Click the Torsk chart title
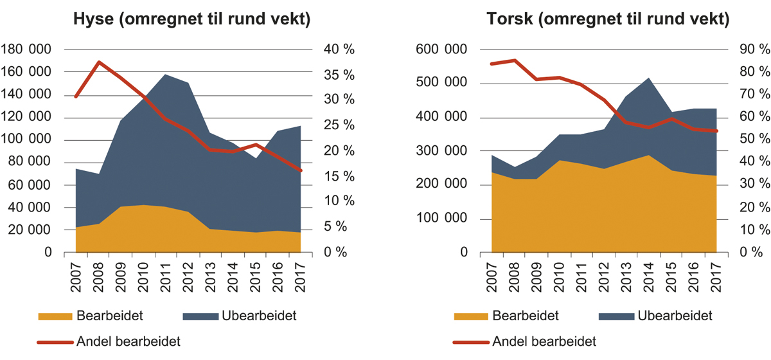607,21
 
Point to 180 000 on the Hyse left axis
30,50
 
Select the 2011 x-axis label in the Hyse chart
165,274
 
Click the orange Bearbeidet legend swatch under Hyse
56,316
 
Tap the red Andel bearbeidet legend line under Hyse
56,341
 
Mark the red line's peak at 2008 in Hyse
99,62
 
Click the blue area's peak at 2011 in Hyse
166,75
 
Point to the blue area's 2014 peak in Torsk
648,78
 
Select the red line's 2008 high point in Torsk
514,60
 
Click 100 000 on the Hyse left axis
30,140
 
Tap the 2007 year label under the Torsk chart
492,274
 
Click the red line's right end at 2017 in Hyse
301,170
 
